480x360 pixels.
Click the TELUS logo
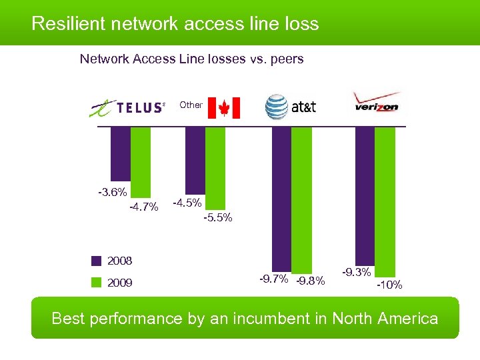(127, 107)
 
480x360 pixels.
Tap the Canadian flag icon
(223, 107)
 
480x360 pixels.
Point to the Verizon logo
(377, 104)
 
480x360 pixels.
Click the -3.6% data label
(113, 193)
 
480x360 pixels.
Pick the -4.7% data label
(143, 207)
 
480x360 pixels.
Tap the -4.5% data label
(187, 202)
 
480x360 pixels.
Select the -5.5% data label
(217, 217)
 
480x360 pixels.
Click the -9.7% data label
(274, 278)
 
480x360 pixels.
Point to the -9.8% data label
(310, 281)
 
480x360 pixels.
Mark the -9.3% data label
(357, 272)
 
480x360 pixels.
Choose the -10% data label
(389, 285)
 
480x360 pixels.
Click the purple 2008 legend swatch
(97, 261)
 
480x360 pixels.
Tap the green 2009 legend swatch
(97, 283)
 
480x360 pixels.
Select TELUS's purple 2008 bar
(120, 153)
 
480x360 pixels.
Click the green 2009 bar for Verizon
(385, 200)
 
